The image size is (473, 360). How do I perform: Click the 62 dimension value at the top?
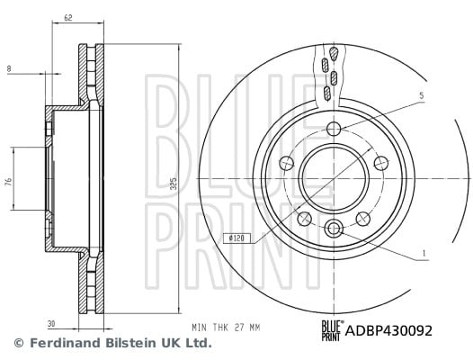coord(68,18)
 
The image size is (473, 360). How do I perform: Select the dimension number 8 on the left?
coord(9,69)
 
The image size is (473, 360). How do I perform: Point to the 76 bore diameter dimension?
coord(9,182)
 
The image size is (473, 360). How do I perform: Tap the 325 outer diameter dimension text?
coord(174,184)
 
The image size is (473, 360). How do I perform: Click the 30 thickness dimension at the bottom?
coord(51,324)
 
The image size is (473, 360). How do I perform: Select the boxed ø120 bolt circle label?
coord(236,238)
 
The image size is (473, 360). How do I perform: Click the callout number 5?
coord(422,95)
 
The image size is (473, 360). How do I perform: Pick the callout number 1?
coord(424,253)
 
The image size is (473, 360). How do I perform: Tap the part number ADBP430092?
coord(388,330)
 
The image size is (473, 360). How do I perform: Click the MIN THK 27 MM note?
coord(226,328)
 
